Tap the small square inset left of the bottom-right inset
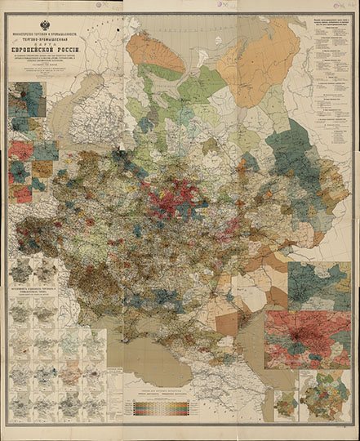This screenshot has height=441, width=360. [x=285, y=403]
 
